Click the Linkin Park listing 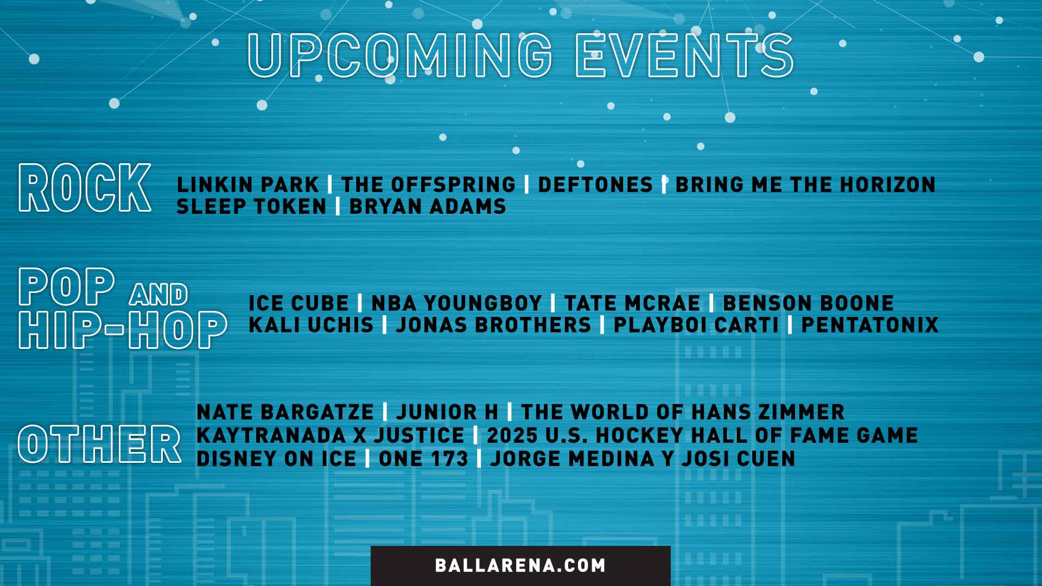(247, 185)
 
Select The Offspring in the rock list (428, 185)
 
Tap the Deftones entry (595, 185)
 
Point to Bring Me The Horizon (805, 185)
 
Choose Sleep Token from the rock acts (251, 207)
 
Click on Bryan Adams (428, 207)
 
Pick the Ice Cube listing (298, 303)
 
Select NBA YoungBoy (456, 303)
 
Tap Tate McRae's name (632, 303)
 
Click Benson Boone (808, 303)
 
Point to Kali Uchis (311, 325)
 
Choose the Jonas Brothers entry (493, 325)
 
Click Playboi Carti (696, 325)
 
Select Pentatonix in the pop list (870, 325)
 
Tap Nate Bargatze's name (285, 412)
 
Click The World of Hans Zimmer (683, 412)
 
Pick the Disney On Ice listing (276, 459)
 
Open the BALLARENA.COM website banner (520, 565)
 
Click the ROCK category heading (85, 188)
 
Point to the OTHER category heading (99, 444)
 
